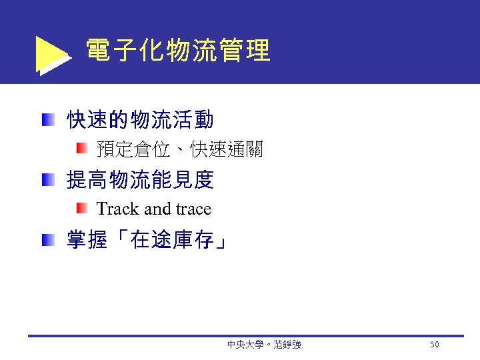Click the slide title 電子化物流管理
178,51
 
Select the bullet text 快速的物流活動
140,120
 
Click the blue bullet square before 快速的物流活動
47,120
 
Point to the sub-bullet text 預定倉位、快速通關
179,150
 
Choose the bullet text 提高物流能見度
140,179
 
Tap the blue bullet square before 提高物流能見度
47,179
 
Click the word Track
117,209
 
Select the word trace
193,209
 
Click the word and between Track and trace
157,209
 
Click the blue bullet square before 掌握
47,239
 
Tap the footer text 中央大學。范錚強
264,345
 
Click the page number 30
435,345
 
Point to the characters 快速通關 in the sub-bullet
227,150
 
